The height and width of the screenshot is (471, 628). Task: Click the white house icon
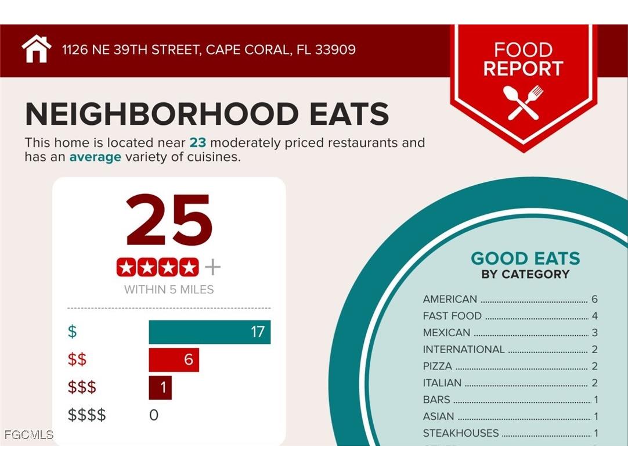tap(37, 49)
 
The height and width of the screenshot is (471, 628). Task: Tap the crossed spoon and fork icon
tap(523, 103)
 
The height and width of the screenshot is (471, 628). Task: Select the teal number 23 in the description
tap(197, 143)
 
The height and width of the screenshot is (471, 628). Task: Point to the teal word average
tap(95, 157)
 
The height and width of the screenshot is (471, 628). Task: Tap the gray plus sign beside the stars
tap(213, 268)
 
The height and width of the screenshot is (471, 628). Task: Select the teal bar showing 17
tap(210, 332)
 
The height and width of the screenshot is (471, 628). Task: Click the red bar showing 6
tap(174, 360)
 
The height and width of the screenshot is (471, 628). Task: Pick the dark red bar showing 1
tap(160, 388)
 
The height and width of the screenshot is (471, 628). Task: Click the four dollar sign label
tap(87, 416)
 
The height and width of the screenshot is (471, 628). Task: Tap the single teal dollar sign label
tap(73, 332)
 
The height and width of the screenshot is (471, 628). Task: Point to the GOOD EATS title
tap(525, 258)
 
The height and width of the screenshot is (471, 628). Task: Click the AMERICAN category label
tap(450, 300)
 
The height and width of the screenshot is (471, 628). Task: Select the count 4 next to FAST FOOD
tap(594, 317)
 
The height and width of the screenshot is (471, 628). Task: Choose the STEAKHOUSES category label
tap(460, 433)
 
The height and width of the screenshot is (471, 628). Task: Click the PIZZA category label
tap(437, 366)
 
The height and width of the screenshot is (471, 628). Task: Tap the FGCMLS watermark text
tap(28, 434)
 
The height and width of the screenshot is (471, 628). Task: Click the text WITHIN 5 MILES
tap(169, 289)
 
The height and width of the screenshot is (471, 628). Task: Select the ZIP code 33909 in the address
tap(335, 49)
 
